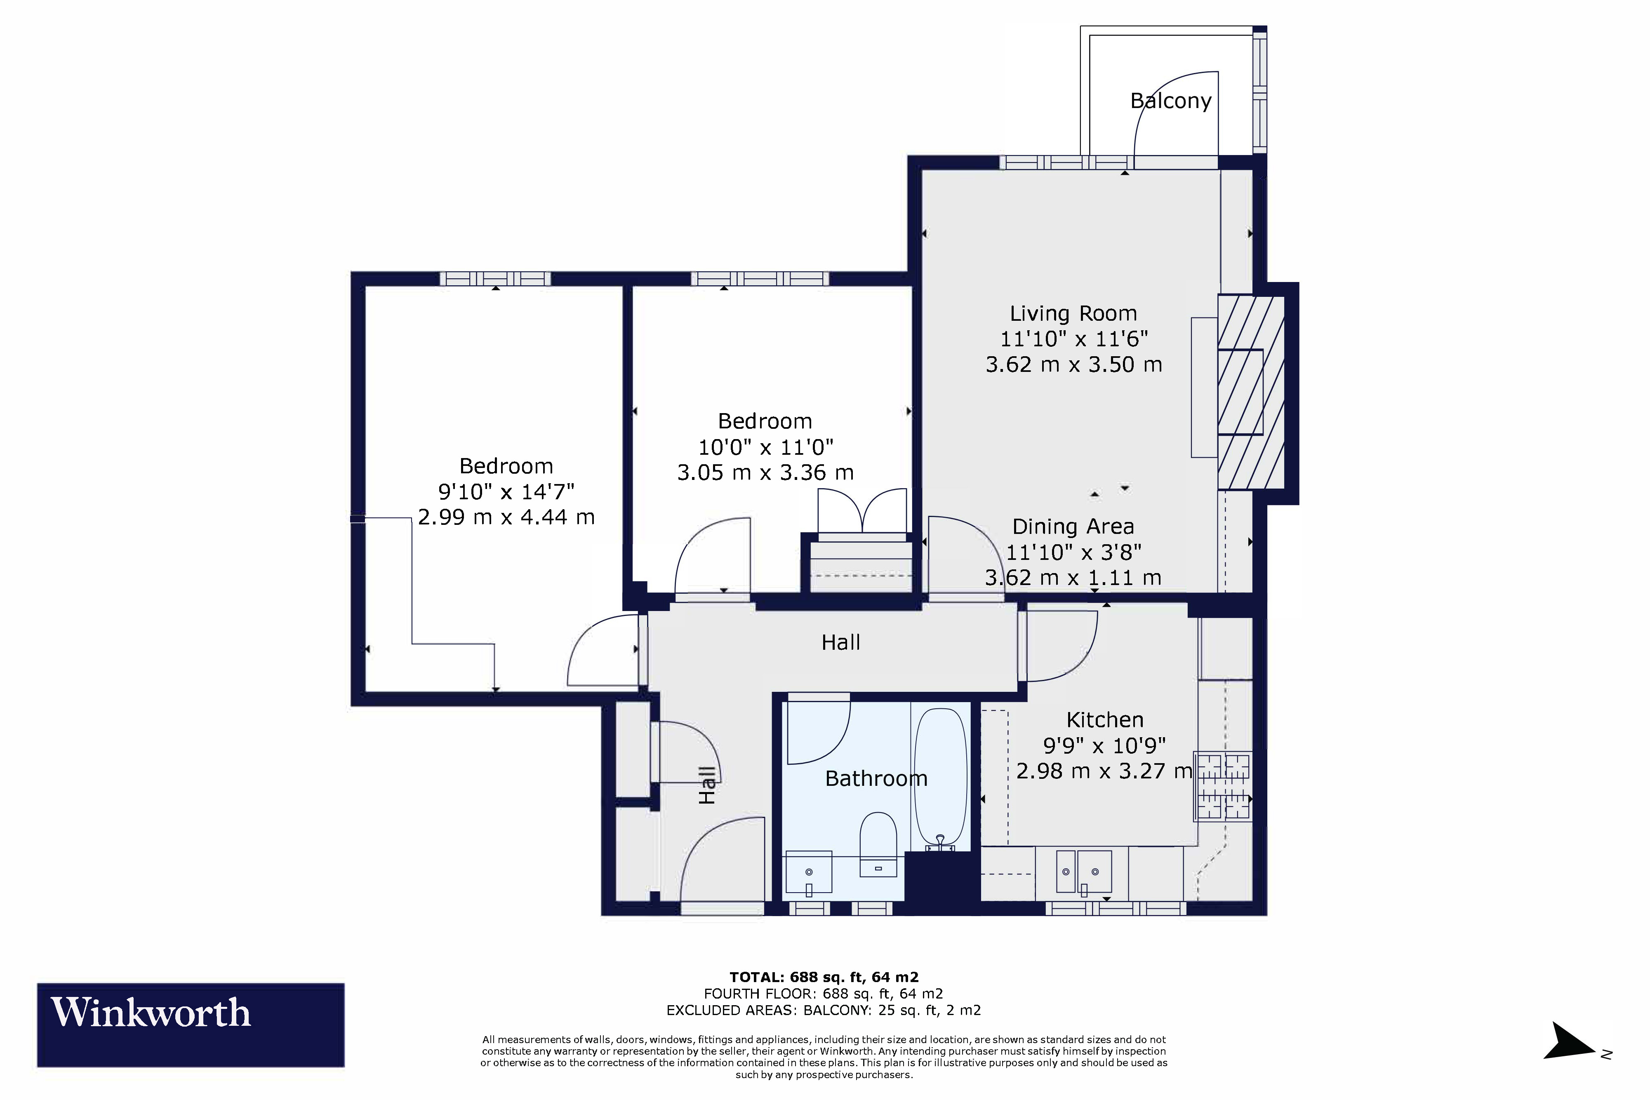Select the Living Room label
1073,314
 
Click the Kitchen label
1105,720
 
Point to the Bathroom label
876,779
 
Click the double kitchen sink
1083,873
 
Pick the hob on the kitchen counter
1223,786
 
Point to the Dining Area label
1073,527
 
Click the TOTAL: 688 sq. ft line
824,977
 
